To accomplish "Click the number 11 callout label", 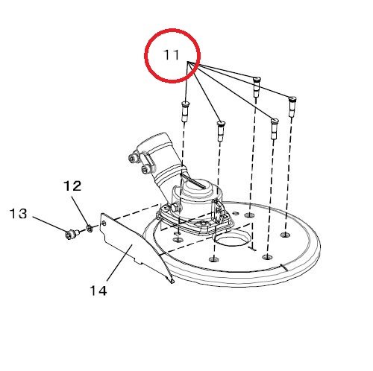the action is pyautogui.click(x=172, y=55).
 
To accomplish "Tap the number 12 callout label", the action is pyautogui.click(x=72, y=185).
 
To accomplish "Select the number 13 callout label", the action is pyautogui.click(x=19, y=214).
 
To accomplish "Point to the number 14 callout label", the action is pyautogui.click(x=98, y=291).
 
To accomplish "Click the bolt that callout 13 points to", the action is pyautogui.click(x=72, y=234).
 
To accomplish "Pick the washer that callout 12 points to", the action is pyautogui.click(x=90, y=228).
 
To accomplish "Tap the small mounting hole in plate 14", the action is pyautogui.click(x=104, y=223).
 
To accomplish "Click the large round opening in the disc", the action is pyautogui.click(x=230, y=239).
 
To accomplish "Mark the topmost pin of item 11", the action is pyautogui.click(x=257, y=86).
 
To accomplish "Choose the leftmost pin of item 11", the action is pyautogui.click(x=185, y=112).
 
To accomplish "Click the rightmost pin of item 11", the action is pyautogui.click(x=292, y=107).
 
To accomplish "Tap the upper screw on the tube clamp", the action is pyautogui.click(x=133, y=158).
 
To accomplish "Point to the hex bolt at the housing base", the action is pyautogui.click(x=175, y=208).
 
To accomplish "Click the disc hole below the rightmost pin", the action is pyautogui.click(x=285, y=234).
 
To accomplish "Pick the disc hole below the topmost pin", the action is pyautogui.click(x=250, y=215).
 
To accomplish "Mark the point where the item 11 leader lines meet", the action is pyautogui.click(x=188, y=62).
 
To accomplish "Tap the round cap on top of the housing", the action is pyautogui.click(x=196, y=188).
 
